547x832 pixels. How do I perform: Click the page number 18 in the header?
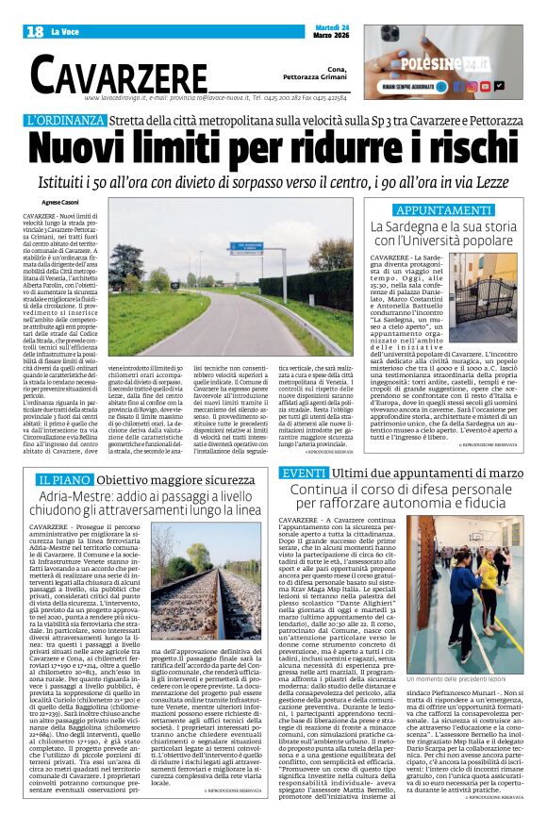pyautogui.click(x=34, y=32)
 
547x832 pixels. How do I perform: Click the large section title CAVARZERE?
pyautogui.click(x=118, y=73)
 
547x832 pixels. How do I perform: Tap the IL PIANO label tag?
pyautogui.click(x=58, y=480)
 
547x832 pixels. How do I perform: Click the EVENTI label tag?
pyautogui.click(x=305, y=472)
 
